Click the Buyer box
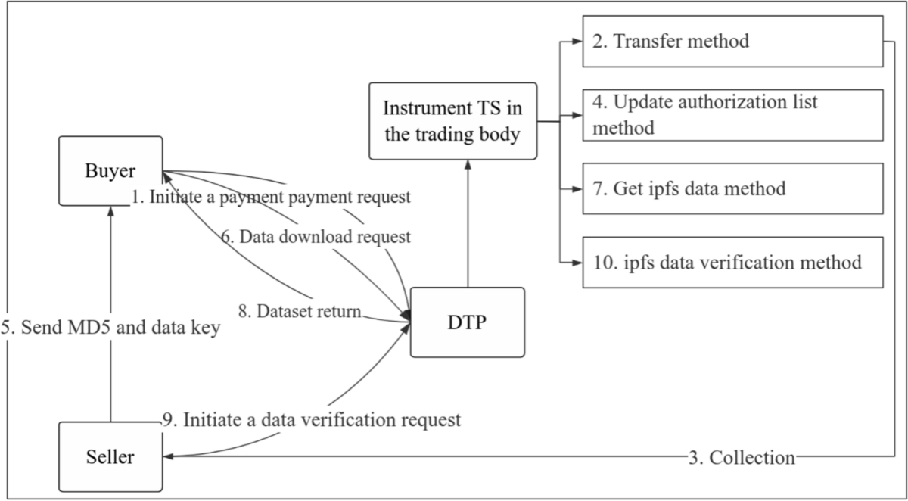pos(111,170)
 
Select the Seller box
pos(111,457)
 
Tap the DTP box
pos(467,322)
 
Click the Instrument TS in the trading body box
pos(453,121)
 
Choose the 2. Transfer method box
pos(732,41)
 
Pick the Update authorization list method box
pos(732,115)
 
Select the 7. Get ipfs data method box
pos(732,188)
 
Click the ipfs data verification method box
pos(732,263)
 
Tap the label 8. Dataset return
pos(307,310)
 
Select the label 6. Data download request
pos(316,237)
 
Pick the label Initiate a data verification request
pos(312,419)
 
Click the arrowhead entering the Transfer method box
pos(577,42)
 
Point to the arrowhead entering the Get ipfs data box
pos(577,188)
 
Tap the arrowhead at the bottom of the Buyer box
pos(111,210)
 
